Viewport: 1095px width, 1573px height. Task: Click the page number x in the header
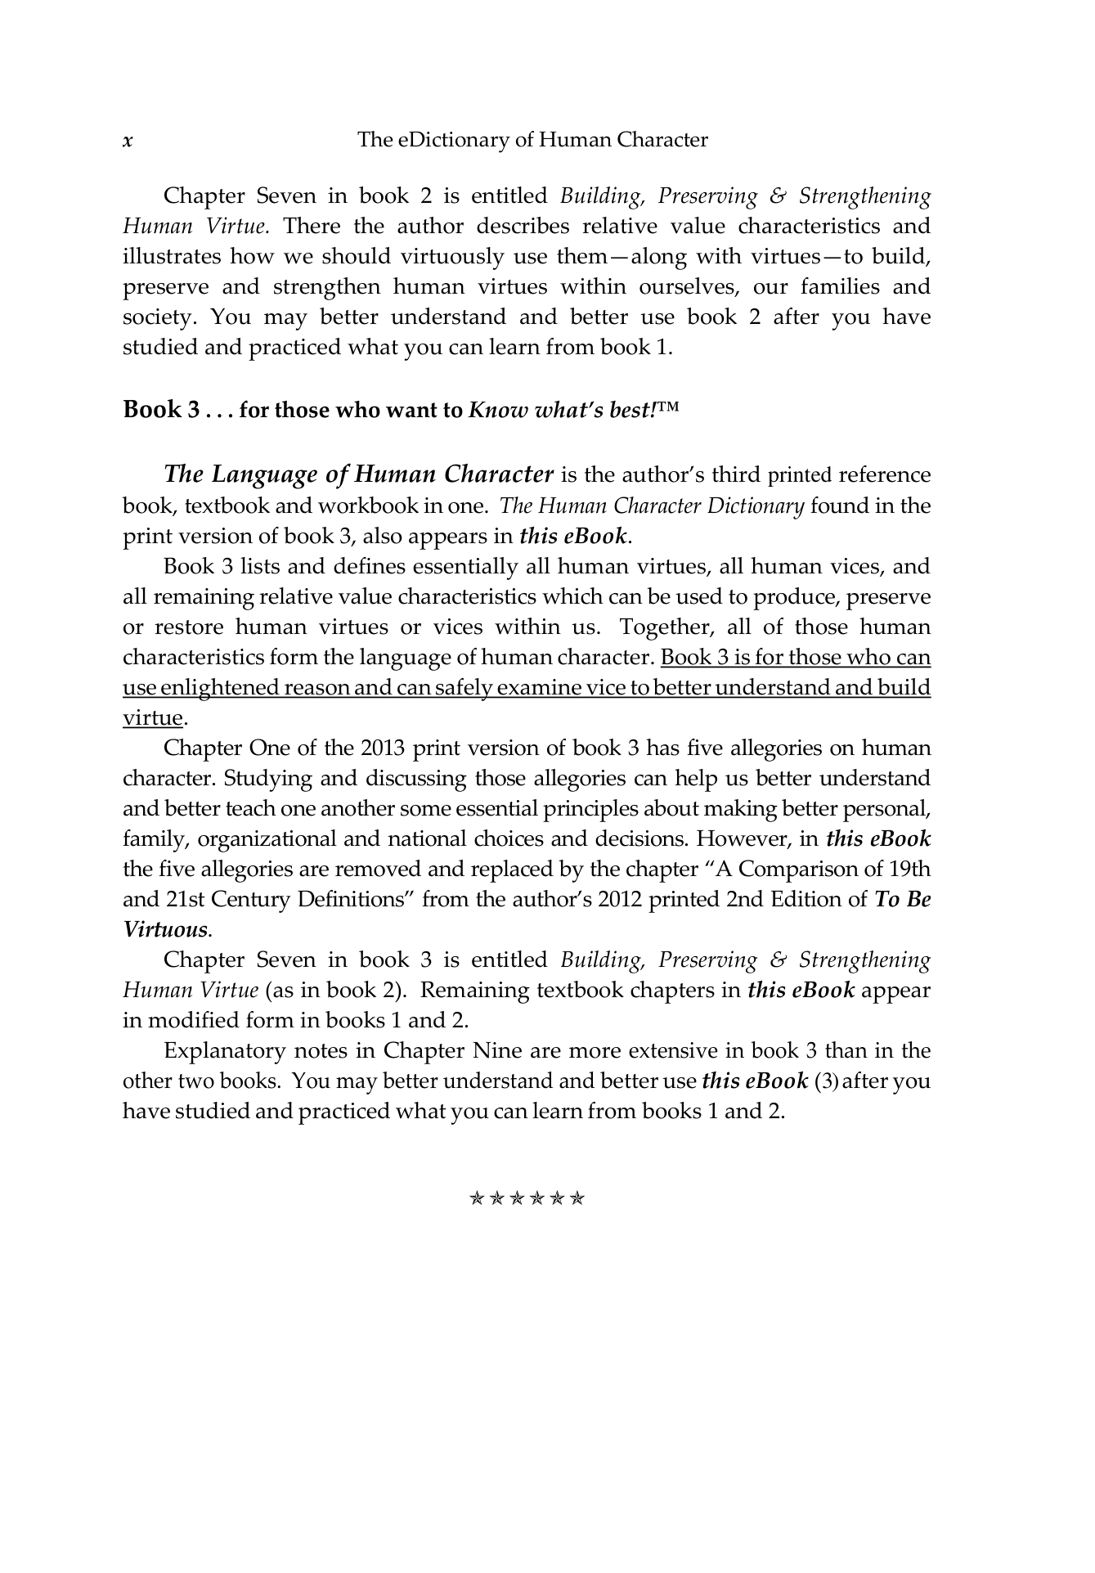tap(128, 141)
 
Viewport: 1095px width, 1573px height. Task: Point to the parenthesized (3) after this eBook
tap(826, 1081)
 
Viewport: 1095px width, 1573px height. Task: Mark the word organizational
tap(267, 838)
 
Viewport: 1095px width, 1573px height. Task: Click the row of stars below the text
tap(527, 1199)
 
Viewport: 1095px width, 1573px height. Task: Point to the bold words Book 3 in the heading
tap(161, 408)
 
